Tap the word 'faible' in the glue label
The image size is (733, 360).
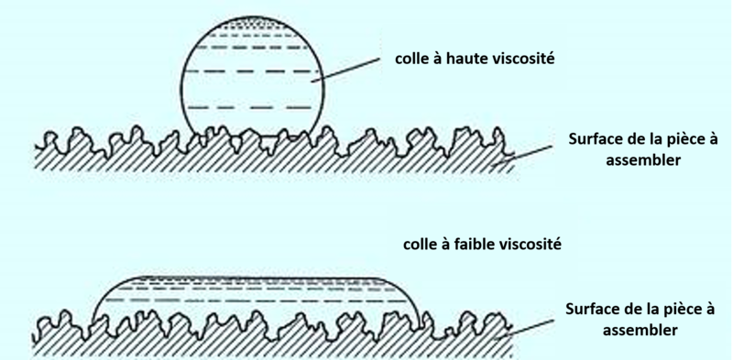469,245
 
